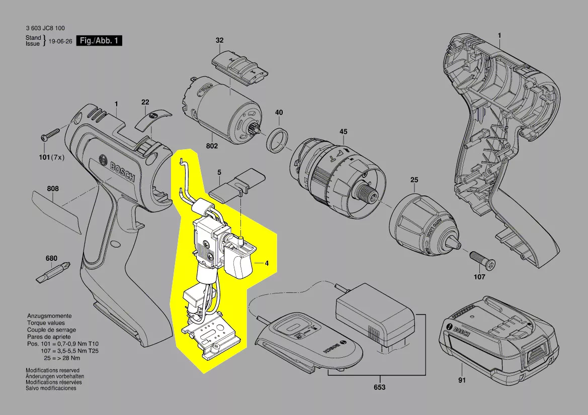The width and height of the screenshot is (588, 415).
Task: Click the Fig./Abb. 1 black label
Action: [99, 41]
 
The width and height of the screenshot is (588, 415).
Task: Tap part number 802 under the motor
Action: [212, 146]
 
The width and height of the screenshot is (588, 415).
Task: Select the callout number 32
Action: [220, 40]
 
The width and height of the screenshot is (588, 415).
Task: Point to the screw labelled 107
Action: [482, 259]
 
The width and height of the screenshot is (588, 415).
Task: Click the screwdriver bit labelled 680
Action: [52, 272]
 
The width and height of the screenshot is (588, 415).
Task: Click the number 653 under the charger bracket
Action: [379, 387]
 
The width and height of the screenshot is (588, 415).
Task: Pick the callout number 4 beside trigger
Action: [267, 263]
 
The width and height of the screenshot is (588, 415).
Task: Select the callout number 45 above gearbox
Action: [343, 132]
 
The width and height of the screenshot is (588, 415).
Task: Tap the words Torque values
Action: [46, 323]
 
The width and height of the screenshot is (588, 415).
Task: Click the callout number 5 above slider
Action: [219, 172]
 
